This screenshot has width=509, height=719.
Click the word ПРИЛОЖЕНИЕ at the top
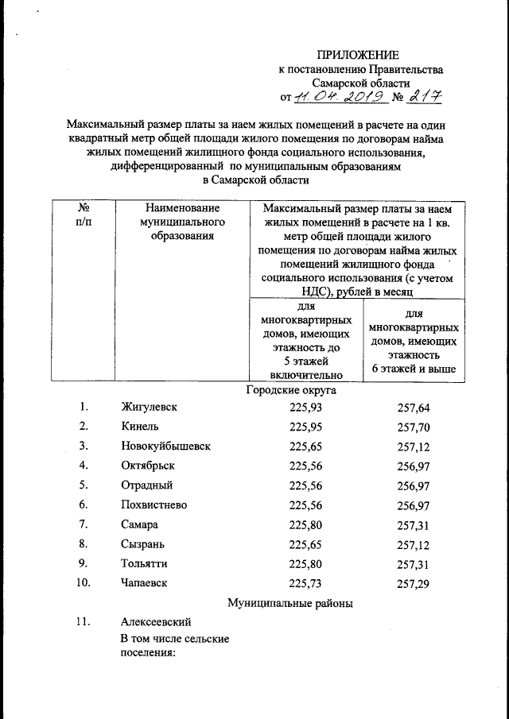357,55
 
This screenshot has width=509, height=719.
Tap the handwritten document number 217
423,96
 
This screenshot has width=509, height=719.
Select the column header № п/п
82,215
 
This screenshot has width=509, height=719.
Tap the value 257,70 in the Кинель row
414,427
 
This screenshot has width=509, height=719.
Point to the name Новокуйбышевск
165,446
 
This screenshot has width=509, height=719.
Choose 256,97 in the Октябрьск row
414,466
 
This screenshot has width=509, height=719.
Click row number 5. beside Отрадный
84,485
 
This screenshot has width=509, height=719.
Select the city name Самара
140,524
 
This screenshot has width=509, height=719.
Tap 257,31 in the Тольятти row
414,563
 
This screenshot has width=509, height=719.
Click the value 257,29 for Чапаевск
414,583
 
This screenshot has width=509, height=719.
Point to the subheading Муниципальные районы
290,603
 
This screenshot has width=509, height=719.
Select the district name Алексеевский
156,622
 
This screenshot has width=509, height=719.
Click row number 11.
86,622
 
